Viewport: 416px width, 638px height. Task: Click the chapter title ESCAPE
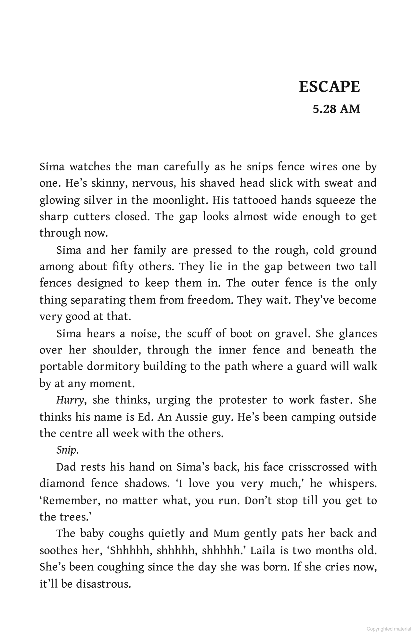329,87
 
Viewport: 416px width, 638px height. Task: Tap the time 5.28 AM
336,109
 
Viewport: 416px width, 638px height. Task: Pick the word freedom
209,300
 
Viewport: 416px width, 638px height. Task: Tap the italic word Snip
67,450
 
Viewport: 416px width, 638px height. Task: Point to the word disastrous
103,584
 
